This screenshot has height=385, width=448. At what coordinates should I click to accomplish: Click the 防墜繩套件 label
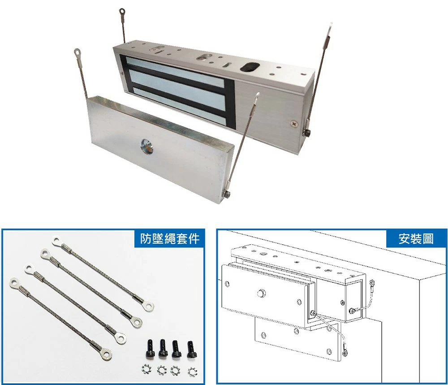click(170, 238)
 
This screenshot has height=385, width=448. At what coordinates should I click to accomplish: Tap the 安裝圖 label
click(416, 238)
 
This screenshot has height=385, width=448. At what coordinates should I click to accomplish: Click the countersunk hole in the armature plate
click(146, 147)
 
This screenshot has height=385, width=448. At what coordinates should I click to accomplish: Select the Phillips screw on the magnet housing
click(294, 124)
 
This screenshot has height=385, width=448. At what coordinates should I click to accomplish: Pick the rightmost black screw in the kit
click(190, 349)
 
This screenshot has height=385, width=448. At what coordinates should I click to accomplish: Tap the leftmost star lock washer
click(146, 370)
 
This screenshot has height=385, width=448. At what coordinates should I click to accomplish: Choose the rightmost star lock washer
click(192, 371)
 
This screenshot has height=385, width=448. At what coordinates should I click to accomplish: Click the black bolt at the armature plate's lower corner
click(227, 194)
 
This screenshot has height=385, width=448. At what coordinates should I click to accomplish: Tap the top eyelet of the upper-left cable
click(122, 12)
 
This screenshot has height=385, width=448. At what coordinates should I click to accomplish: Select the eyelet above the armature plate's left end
click(77, 52)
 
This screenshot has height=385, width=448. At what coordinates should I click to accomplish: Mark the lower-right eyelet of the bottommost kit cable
click(107, 355)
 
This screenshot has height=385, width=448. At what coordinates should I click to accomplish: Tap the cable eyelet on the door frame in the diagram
click(372, 284)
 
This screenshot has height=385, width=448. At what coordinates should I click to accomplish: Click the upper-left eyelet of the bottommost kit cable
click(14, 282)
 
